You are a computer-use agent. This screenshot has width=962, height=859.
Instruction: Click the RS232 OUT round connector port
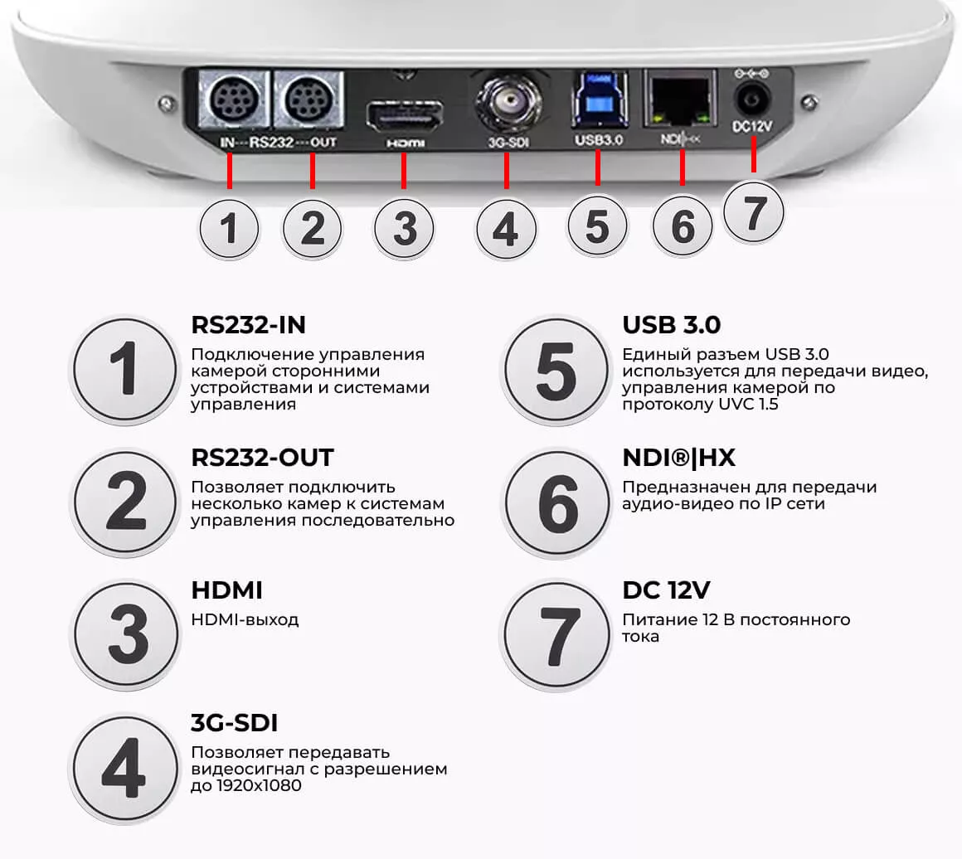tap(309, 99)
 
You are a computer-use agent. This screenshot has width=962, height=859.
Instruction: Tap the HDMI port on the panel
tap(405, 116)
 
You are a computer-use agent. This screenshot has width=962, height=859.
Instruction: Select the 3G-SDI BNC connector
tap(508, 101)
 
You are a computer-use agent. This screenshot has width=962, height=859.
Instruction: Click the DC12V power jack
tap(751, 99)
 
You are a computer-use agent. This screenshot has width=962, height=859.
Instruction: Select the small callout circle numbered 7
tap(753, 212)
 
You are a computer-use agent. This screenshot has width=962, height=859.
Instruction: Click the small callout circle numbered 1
tap(229, 230)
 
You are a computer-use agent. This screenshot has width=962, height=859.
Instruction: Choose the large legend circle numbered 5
tap(556, 371)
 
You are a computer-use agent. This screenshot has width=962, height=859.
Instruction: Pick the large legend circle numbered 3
tap(126, 634)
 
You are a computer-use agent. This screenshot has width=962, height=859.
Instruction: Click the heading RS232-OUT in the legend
tap(262, 458)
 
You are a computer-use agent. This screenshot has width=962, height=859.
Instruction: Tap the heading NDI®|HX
tap(678, 458)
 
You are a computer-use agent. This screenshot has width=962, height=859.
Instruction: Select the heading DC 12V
tap(666, 590)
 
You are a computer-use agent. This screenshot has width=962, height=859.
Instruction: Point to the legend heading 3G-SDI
tap(235, 723)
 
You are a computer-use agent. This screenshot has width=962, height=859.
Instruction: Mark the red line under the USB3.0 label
tap(598, 167)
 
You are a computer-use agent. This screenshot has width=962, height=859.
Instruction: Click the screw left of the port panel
tap(167, 104)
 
